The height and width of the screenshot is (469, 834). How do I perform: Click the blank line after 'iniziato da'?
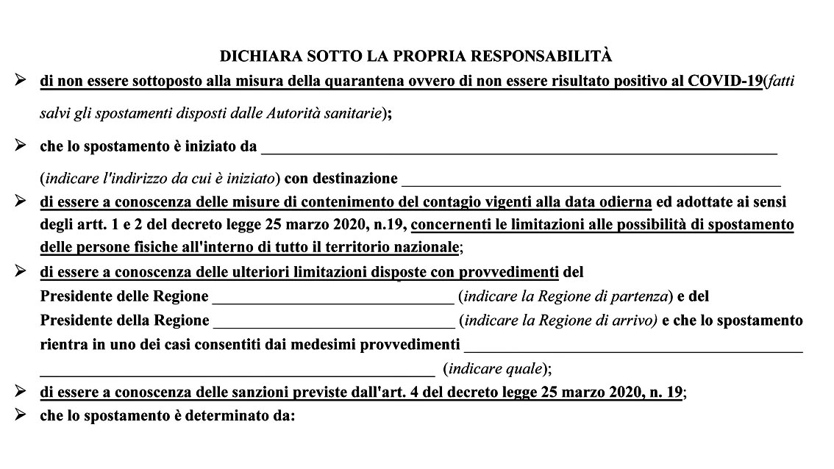click(519, 147)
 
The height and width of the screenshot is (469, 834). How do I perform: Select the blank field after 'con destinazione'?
click(591, 179)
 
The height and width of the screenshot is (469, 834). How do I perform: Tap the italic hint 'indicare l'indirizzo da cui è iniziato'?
click(160, 179)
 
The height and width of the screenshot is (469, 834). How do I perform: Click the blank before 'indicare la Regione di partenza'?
click(333, 298)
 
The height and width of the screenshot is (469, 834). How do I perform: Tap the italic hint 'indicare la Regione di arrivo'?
click(557, 321)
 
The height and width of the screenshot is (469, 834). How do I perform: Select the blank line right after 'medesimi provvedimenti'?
click(633, 345)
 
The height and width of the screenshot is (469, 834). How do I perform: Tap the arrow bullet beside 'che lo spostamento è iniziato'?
click(21, 146)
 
